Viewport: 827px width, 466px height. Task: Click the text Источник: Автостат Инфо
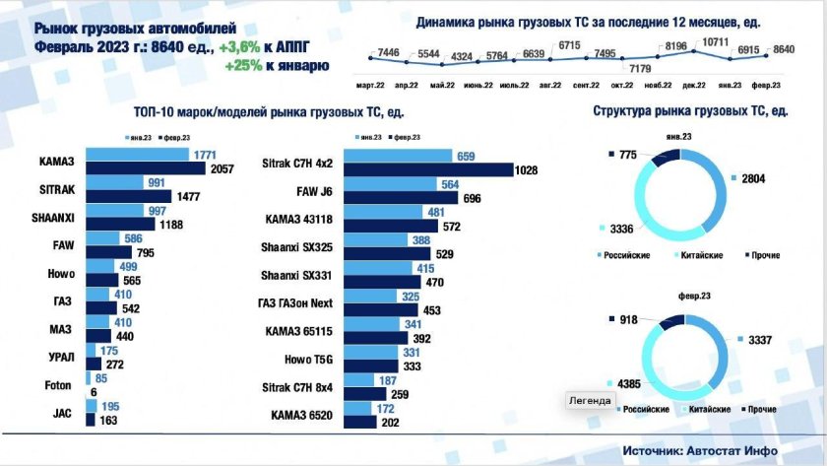click(x=699, y=449)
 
